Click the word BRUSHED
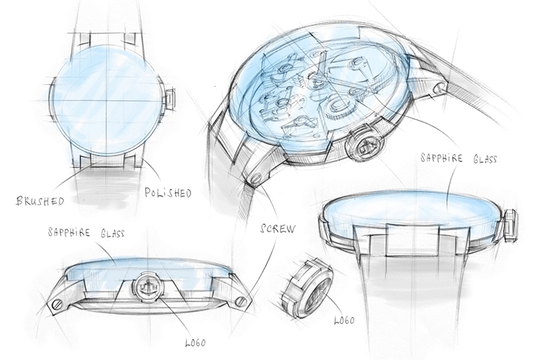coord(40,200)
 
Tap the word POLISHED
coord(168,193)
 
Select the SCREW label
coord(278,229)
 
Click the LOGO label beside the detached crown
coord(344,320)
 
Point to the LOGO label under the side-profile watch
coord(196,342)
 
